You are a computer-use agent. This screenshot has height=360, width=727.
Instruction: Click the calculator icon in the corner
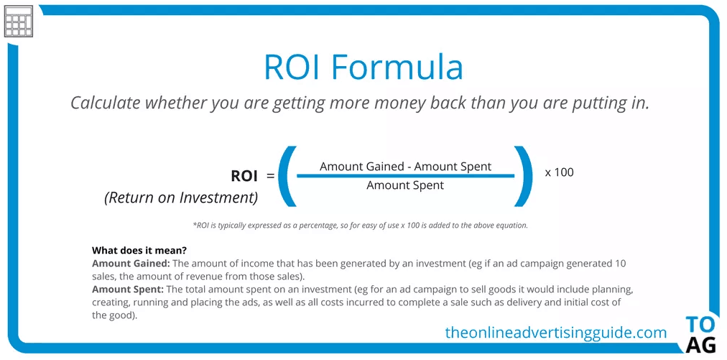[x=19, y=22]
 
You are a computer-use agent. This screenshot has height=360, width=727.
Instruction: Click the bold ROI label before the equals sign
[x=244, y=176]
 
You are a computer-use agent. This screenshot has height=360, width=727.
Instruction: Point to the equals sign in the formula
[x=270, y=176]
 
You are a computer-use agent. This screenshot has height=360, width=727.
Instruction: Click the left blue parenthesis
[x=287, y=176]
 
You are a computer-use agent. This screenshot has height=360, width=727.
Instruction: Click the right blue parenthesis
[x=524, y=176]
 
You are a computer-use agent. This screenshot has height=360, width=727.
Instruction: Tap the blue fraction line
[x=406, y=175]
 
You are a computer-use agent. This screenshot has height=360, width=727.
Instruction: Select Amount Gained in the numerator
[x=362, y=167]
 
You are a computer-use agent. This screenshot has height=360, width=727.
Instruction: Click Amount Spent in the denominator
[x=405, y=185]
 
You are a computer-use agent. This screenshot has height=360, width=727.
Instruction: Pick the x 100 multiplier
[x=559, y=172]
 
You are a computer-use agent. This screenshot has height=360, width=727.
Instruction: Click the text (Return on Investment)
[x=181, y=198]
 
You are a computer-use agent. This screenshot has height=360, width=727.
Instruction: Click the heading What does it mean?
[x=139, y=251]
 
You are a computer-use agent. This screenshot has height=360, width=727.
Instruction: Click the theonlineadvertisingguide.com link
[x=556, y=332]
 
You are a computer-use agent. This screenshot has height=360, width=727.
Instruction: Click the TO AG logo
[x=700, y=335]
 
